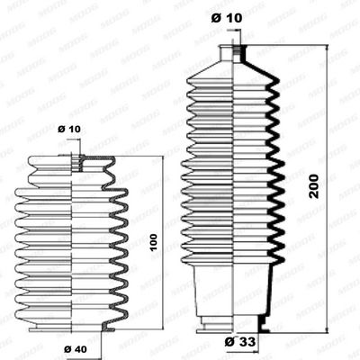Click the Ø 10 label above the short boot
[x=69, y=130]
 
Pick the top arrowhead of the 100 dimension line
[x=163, y=160]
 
